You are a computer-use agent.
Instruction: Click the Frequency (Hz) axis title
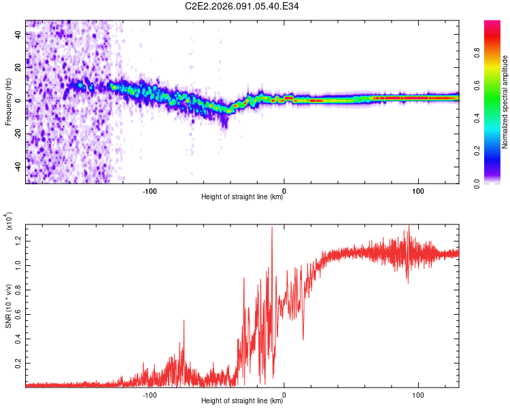8,102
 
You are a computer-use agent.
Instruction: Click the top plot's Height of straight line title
242,197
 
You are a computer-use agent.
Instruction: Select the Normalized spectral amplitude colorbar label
505,101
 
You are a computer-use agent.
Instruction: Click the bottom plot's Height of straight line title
242,401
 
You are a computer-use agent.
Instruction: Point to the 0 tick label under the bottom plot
284,394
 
